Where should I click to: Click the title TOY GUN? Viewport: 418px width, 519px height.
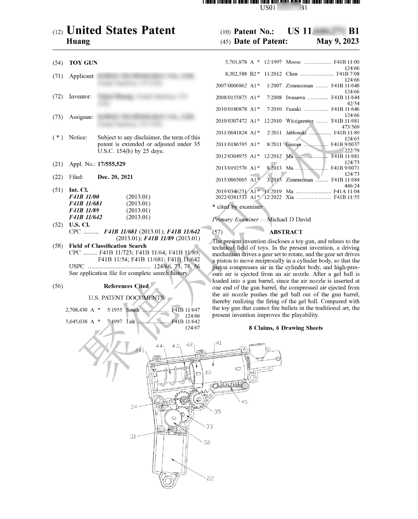[83, 63]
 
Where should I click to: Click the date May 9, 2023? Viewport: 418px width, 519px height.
[337, 41]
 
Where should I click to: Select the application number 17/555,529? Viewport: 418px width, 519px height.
[111, 164]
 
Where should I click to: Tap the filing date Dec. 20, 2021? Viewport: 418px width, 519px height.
[115, 177]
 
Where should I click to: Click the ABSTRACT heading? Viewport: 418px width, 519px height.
[286, 232]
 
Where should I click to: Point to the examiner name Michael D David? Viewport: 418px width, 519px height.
[289, 220]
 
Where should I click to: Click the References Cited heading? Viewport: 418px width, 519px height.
[126, 286]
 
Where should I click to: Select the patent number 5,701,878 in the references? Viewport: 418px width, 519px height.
[236, 62]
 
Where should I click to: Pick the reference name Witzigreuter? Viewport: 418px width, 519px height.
[300, 121]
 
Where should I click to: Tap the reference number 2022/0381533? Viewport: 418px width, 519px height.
[231, 197]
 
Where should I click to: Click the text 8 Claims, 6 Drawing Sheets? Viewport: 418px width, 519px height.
[286, 328]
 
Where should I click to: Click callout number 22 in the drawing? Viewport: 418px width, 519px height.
[210, 478]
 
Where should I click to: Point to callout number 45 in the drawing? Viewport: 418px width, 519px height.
[244, 402]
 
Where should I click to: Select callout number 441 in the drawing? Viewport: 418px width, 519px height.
[140, 350]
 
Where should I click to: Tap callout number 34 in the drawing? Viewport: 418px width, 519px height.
[134, 407]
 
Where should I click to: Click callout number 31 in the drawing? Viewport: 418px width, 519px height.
[133, 437]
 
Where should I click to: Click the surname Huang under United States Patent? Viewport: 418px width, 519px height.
[78, 41]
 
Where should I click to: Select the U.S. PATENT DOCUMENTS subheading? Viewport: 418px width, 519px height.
[126, 298]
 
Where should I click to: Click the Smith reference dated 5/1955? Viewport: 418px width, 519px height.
[133, 310]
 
